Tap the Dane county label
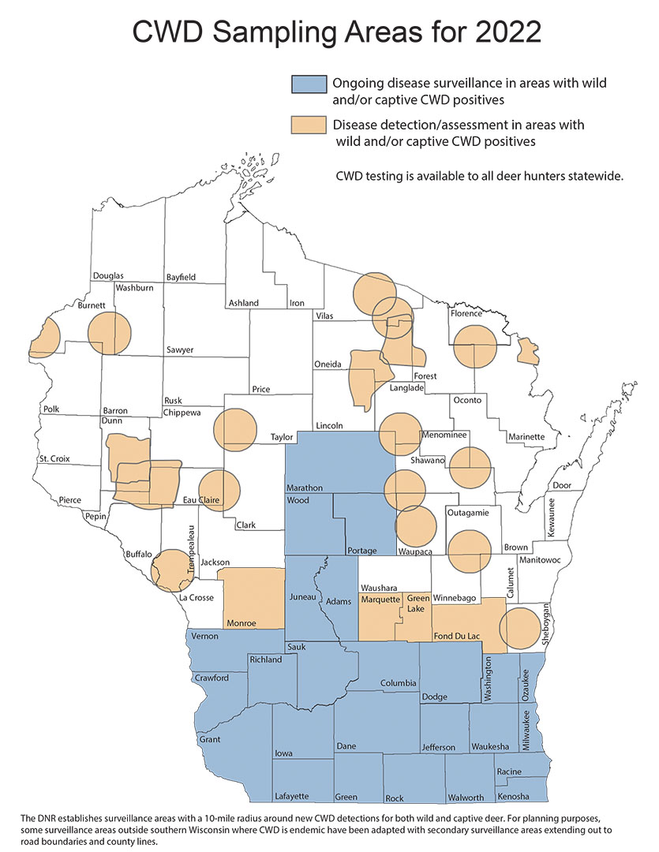point(346,745)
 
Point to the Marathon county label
point(305,488)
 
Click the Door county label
point(562,485)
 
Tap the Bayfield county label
point(181,278)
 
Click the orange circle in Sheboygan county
point(521,629)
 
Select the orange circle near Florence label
point(475,347)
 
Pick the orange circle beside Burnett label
point(109,333)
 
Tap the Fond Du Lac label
point(459,637)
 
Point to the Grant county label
point(210,740)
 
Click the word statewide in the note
point(596,176)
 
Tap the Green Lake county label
point(417,604)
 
